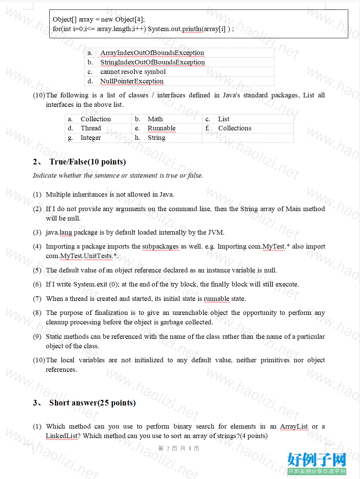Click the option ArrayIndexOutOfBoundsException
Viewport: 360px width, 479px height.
pyautogui.click(x=152, y=53)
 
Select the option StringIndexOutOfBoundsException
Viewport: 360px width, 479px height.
pyautogui.click(x=152, y=62)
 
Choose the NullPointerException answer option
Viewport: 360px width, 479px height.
pyautogui.click(x=132, y=81)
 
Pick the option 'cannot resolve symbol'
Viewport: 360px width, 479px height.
pyautogui.click(x=133, y=72)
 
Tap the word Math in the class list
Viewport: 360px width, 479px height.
pyautogui.click(x=155, y=119)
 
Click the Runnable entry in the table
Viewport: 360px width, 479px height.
pyautogui.click(x=161, y=128)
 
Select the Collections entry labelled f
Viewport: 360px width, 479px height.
pyautogui.click(x=235, y=128)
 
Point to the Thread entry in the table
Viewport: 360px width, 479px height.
pyautogui.click(x=91, y=128)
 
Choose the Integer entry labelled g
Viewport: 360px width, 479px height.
pyautogui.click(x=91, y=138)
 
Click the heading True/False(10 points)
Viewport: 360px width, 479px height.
pyautogui.click(x=88, y=162)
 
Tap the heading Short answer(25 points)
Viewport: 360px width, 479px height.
pyautogui.click(x=92, y=402)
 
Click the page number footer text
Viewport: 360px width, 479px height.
pyautogui.click(x=178, y=448)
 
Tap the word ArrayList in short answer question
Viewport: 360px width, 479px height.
pyautogui.click(x=294, y=426)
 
